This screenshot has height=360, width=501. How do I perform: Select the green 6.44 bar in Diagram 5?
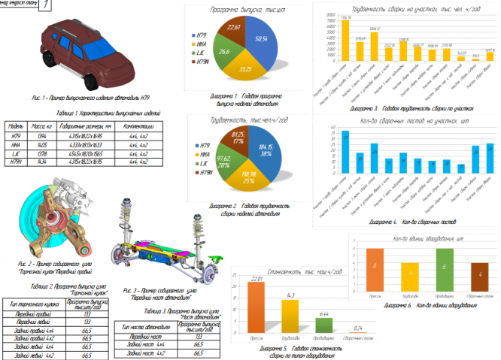[324, 325]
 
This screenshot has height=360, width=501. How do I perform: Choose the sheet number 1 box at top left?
[44, 6]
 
